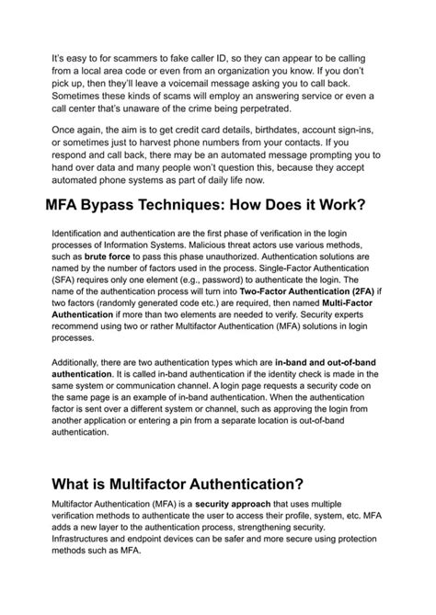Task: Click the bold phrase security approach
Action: tap(206, 507)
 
